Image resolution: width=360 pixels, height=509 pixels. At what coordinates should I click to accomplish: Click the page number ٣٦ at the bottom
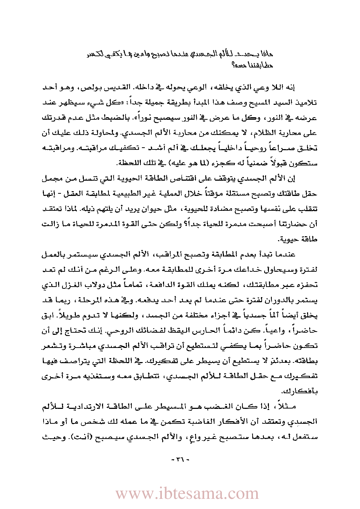(180, 460)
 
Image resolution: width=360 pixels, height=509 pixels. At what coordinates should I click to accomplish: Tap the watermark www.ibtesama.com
(187, 494)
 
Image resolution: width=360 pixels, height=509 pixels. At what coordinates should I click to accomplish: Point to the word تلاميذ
(306, 103)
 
